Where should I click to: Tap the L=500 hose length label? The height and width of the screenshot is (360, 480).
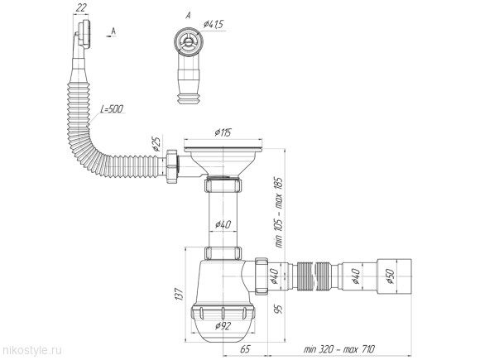(113, 109)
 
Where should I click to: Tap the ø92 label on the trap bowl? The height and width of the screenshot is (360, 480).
(223, 324)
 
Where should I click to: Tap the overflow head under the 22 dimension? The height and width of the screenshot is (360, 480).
(81, 35)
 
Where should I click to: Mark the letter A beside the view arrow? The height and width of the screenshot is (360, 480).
(113, 31)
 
